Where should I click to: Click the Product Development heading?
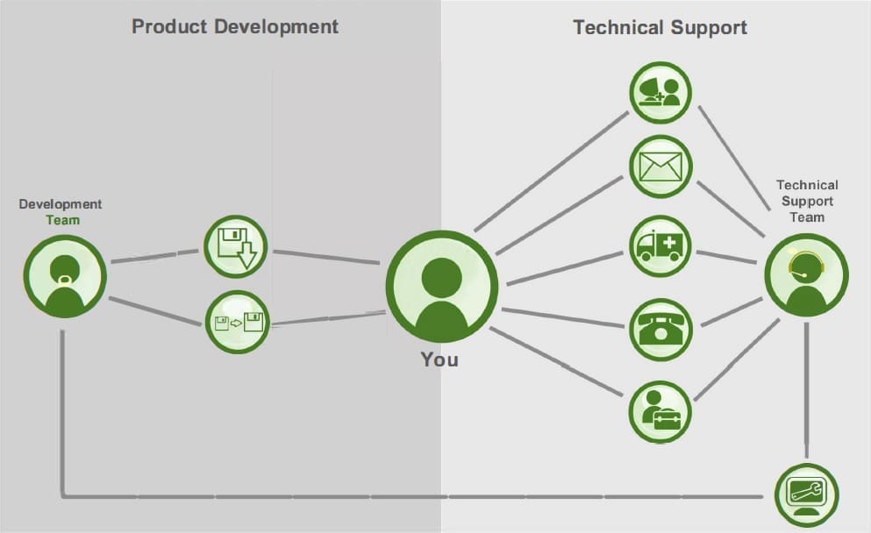[x=234, y=25]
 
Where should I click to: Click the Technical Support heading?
[x=660, y=27]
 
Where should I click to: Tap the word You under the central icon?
[x=439, y=359]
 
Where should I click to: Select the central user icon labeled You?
[x=441, y=287]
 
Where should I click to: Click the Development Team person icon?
[x=65, y=276]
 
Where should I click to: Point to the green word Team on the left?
[x=62, y=220]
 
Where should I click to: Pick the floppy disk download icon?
[x=235, y=247]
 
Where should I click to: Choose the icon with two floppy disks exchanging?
[x=236, y=322]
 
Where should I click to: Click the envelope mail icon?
[x=660, y=167]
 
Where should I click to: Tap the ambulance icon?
[x=660, y=246]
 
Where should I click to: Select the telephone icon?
[x=660, y=330]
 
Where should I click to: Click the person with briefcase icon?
[x=660, y=410]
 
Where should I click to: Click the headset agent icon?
[x=806, y=274]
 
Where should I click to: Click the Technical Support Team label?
[x=807, y=200]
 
